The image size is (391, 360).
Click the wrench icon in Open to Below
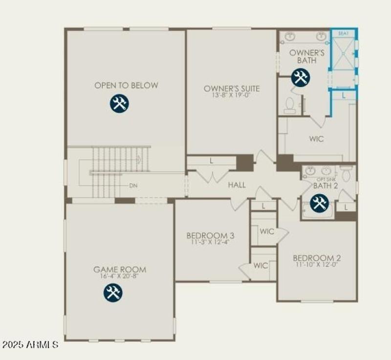pyautogui.click(x=118, y=104)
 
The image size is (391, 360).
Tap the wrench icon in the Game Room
pyautogui.click(x=112, y=292)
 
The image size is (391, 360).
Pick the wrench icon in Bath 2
pyautogui.click(x=319, y=203)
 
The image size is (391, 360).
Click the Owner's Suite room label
pyautogui.click(x=232, y=89)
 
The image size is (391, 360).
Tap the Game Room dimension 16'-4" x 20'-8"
pyautogui.click(x=120, y=277)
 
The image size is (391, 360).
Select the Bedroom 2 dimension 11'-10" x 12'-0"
pyautogui.click(x=317, y=265)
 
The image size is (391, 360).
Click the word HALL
pyautogui.click(x=237, y=185)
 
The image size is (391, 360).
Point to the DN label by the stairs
pyautogui.click(x=133, y=186)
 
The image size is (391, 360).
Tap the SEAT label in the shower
pyautogui.click(x=344, y=34)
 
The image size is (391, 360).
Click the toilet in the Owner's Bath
pyautogui.click(x=290, y=106)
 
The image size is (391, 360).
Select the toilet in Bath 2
pyautogui.click(x=346, y=174)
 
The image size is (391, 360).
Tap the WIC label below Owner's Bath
pyautogui.click(x=316, y=139)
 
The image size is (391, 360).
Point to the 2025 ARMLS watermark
pyautogui.click(x=30, y=345)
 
